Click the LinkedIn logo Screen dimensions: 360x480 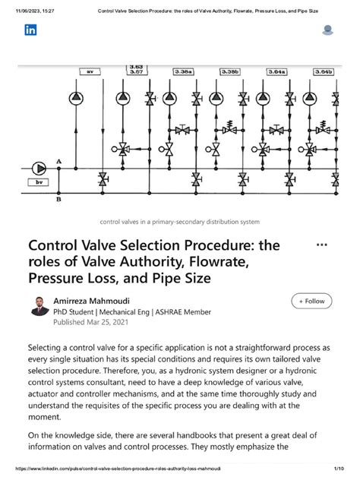pos(31,30)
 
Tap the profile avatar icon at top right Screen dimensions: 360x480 pos(328,30)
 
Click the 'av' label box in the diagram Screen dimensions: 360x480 pos(89,72)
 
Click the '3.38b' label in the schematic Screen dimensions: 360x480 pos(230,72)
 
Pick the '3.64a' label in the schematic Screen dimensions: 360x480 pos(276,72)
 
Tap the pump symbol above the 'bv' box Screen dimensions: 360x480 pos(38,168)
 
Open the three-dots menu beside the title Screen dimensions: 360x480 pos(321,246)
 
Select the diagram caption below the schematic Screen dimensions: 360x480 pos(179,222)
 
